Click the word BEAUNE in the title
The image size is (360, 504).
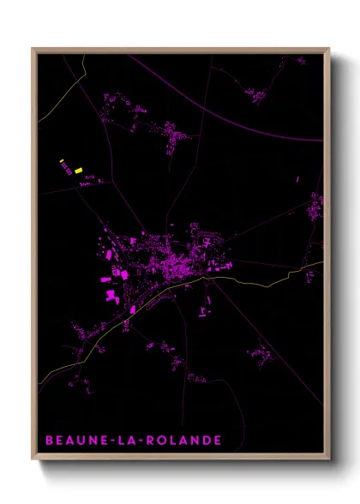(70, 441)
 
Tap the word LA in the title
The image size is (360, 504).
(112, 441)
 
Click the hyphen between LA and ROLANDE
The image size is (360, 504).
(125, 441)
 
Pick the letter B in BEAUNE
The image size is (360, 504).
(49, 441)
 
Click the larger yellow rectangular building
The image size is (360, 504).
(78, 171)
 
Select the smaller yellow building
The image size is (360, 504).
(61, 161)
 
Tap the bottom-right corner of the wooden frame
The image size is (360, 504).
(329, 458)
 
